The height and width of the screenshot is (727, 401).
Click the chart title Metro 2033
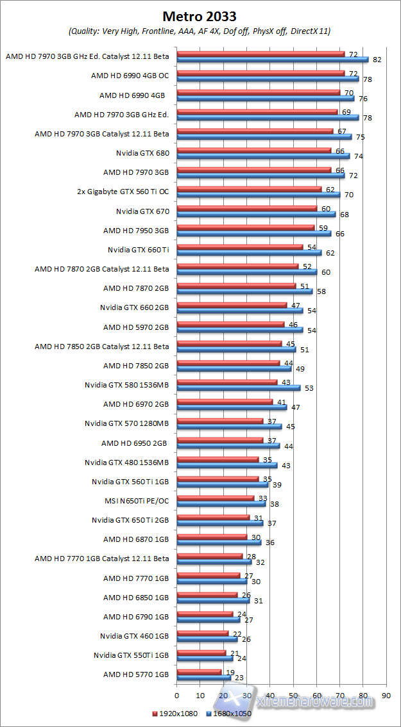click(200, 16)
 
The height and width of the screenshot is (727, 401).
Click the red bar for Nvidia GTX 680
click(253, 151)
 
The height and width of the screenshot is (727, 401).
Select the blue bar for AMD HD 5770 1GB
click(203, 677)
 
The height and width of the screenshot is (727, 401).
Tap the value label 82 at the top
click(377, 60)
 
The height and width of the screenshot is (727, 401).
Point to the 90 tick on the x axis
click(386, 694)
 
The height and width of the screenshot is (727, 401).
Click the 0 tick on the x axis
click(176, 694)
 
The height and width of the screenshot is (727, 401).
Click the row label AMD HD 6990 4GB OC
click(130, 76)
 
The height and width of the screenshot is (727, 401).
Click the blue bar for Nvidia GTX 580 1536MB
click(238, 388)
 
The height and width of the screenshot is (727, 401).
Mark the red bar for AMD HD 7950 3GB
click(245, 228)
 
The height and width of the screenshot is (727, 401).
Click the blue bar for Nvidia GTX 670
click(255, 214)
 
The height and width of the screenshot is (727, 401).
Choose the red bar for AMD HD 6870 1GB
click(211, 537)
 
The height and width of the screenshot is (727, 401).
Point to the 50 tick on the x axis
click(293, 694)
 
